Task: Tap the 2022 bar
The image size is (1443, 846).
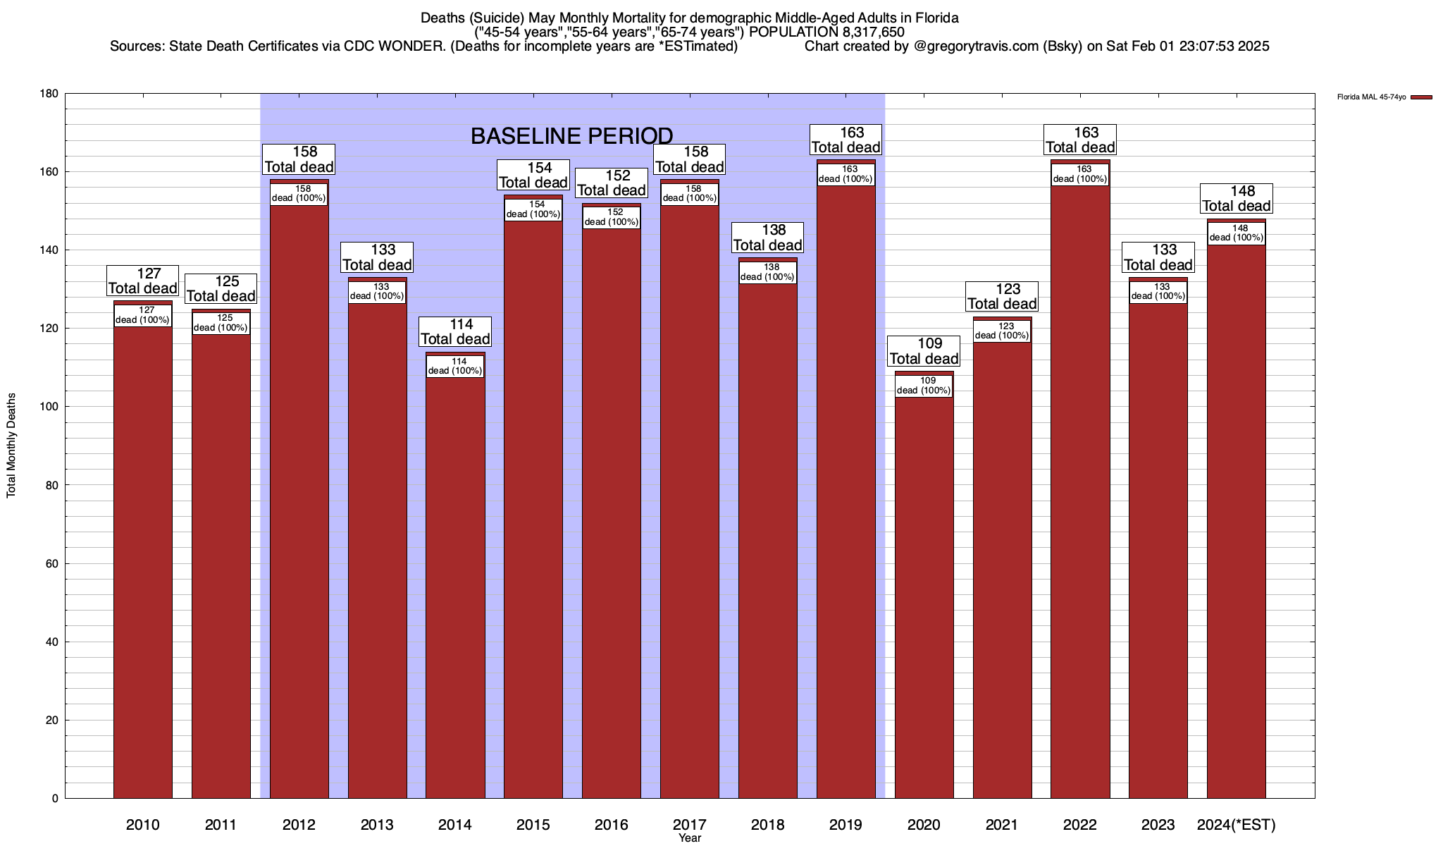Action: click(x=1080, y=493)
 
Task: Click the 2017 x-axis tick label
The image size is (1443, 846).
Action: click(x=690, y=824)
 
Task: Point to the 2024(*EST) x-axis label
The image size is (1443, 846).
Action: click(x=1237, y=824)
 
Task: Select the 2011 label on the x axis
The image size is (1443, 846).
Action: click(x=221, y=824)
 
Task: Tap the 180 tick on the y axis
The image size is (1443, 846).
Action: click(x=49, y=94)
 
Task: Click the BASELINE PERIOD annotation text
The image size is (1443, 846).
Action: click(x=571, y=136)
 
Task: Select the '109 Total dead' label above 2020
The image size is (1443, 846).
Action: click(x=924, y=351)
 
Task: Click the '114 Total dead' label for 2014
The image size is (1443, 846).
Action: click(x=455, y=331)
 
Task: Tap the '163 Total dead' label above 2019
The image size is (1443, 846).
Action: click(x=846, y=140)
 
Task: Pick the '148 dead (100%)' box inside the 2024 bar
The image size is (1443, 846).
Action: click(x=1237, y=233)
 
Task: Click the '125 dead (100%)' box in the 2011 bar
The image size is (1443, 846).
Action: click(x=221, y=323)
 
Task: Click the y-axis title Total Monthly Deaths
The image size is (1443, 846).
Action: click(x=11, y=446)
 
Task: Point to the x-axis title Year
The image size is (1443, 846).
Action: click(x=690, y=838)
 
